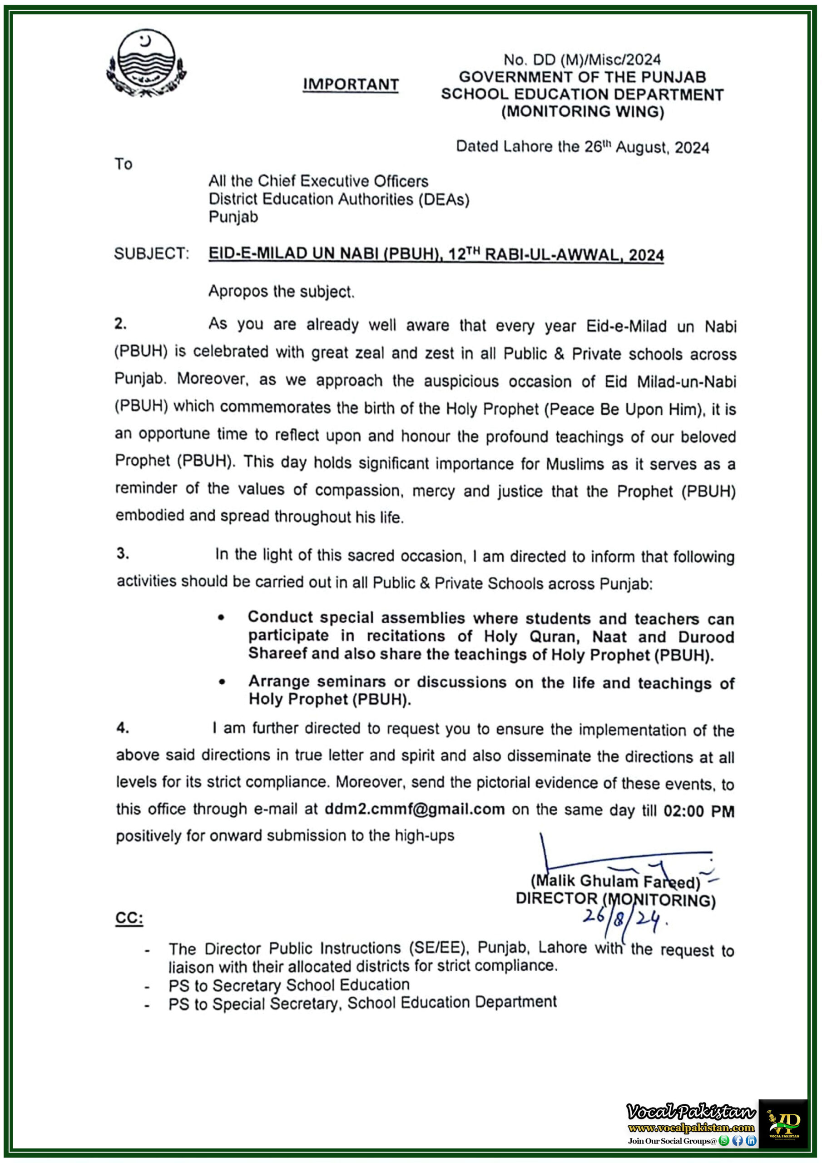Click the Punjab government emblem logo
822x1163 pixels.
point(146,63)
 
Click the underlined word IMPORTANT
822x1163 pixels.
point(351,84)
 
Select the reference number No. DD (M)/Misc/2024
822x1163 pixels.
point(582,60)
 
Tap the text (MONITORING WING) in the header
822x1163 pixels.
point(583,111)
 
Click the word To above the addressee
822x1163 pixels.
point(123,164)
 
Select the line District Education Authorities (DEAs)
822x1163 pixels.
point(339,199)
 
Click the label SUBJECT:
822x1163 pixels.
point(151,253)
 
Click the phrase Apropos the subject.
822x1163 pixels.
point(281,292)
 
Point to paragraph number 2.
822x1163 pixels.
point(120,323)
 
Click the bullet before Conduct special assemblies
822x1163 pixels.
point(221,617)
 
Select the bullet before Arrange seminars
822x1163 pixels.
point(222,682)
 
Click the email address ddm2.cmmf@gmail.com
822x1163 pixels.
point(414,809)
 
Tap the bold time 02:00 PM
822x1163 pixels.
point(698,811)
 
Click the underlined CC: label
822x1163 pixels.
point(129,918)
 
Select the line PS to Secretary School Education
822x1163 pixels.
point(289,985)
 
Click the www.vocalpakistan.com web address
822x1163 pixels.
point(691,1128)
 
